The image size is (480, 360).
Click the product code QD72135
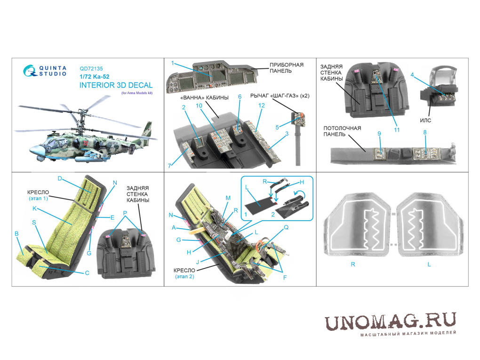(x=91, y=69)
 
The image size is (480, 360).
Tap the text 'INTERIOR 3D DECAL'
(x=116, y=85)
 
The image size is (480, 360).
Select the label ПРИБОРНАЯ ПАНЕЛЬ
(x=287, y=68)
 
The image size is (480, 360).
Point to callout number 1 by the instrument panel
(x=173, y=63)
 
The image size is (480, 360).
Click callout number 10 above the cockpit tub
(x=199, y=105)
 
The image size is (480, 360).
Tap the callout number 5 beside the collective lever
(x=277, y=128)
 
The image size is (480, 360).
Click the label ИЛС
(x=425, y=120)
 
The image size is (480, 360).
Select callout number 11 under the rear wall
(x=397, y=130)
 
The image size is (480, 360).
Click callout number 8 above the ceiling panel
(x=425, y=132)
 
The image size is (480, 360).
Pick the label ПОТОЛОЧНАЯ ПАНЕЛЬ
(x=342, y=131)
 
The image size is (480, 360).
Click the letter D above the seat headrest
(x=60, y=178)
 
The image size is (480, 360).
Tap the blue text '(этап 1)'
(x=38, y=198)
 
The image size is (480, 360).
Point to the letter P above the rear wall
(x=125, y=213)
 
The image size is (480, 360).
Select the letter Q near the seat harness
(x=286, y=227)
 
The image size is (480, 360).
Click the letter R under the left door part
(x=353, y=264)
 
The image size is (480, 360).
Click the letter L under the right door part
(x=429, y=264)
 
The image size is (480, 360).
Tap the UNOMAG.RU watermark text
(x=391, y=322)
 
